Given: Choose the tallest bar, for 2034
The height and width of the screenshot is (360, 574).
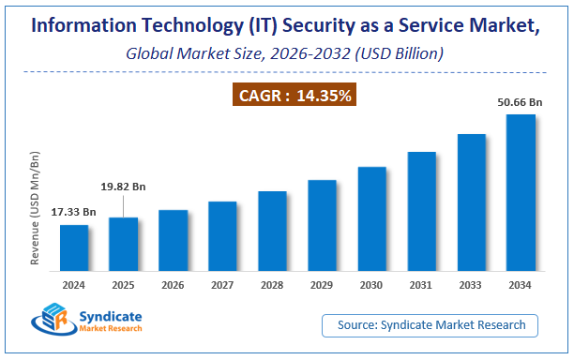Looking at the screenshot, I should (x=521, y=193).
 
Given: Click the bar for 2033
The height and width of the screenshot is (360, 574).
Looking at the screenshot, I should (x=471, y=202).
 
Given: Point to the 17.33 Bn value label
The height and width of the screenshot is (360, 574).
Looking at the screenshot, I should (x=74, y=213).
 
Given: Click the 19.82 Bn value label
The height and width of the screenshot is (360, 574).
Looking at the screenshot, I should (x=124, y=187).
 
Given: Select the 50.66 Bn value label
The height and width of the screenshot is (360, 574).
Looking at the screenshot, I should (x=521, y=101).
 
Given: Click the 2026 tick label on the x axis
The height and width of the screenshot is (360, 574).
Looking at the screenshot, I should (x=174, y=286).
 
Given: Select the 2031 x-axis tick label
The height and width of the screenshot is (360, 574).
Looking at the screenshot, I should (x=421, y=286).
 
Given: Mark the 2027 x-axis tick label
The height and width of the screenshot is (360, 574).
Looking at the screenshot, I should (x=223, y=286).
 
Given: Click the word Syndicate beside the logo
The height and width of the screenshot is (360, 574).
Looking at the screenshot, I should (x=112, y=317).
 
